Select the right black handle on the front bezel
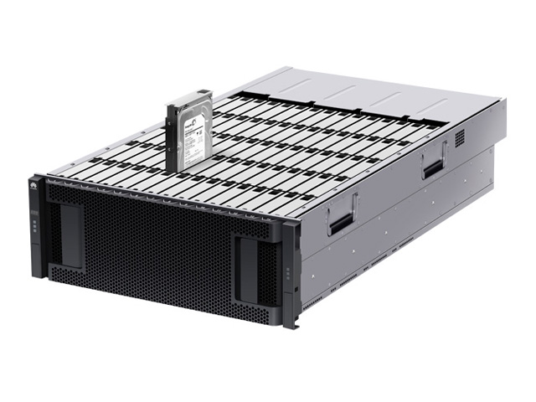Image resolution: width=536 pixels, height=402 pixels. point(248,270)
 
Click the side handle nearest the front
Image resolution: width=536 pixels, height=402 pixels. point(342,216)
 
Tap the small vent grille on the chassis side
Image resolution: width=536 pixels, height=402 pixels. point(459,136)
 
